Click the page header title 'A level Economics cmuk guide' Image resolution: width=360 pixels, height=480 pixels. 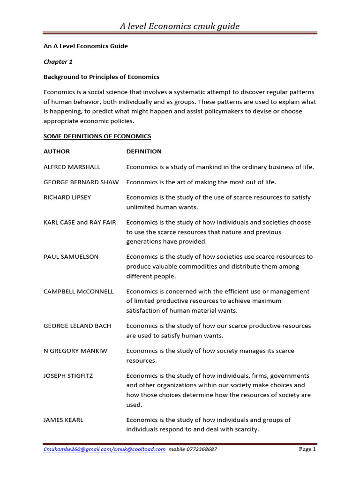180,26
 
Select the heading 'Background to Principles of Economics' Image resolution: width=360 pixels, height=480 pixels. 101,77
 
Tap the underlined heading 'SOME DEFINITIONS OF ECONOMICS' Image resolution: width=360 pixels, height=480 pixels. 97,136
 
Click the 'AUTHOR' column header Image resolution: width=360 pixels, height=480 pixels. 57,151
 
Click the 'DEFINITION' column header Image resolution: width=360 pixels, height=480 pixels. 144,151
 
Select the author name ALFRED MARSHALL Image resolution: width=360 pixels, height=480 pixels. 72,167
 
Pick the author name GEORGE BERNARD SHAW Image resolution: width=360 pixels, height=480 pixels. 81,182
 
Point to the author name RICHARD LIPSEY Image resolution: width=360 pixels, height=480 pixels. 67,197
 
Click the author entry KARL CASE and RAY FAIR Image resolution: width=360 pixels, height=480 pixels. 80,222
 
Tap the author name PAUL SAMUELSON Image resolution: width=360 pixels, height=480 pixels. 71,257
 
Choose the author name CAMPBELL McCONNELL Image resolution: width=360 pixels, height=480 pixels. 79,292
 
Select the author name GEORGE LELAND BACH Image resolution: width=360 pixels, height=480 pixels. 77,326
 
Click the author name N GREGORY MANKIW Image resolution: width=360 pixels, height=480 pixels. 75,351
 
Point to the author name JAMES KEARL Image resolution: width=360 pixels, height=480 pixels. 63,420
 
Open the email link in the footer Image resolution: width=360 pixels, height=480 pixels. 104,449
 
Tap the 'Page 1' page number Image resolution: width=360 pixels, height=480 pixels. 307,449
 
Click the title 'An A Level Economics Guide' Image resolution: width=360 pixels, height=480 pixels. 85,46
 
